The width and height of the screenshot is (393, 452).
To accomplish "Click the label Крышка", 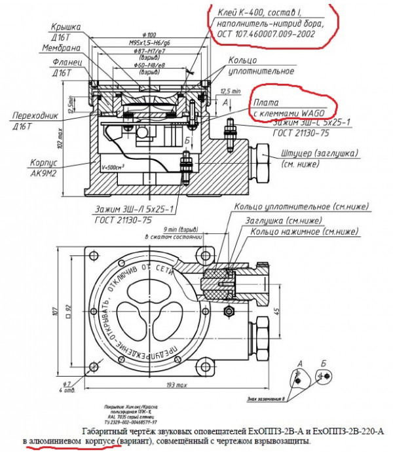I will coord(65,27).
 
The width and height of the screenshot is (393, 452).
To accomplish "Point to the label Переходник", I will coord(39,116).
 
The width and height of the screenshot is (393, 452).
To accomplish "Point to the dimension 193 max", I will coord(176,382).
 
